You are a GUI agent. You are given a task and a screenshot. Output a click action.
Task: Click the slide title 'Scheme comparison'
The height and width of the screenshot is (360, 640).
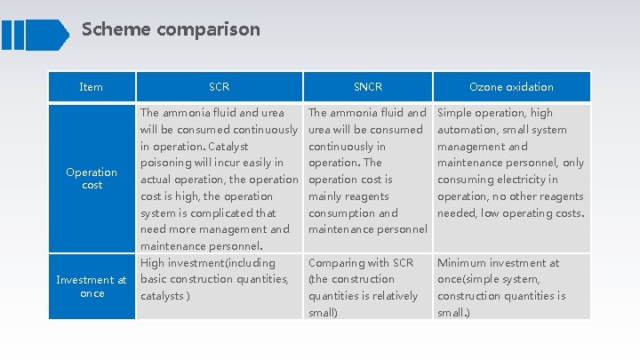171,29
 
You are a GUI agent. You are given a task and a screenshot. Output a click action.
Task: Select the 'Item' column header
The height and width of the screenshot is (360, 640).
91,87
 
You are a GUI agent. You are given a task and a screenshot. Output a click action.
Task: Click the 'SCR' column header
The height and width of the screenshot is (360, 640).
219,87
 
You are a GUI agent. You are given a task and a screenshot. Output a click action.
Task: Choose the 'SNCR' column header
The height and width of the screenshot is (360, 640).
368,87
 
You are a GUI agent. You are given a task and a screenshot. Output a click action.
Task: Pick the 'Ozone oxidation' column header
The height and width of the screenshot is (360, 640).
511,87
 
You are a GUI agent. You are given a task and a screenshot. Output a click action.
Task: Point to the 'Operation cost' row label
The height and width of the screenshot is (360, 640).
92,179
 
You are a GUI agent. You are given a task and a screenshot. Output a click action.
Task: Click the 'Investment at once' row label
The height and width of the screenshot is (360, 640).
92,286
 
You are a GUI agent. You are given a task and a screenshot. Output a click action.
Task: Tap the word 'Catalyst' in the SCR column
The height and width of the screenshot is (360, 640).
227,146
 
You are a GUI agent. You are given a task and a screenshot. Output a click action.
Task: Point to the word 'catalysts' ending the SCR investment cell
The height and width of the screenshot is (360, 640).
162,295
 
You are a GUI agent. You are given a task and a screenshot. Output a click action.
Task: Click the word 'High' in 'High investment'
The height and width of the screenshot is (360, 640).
153,262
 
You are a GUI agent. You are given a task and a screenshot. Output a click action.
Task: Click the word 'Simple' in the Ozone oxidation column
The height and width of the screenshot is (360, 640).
456,113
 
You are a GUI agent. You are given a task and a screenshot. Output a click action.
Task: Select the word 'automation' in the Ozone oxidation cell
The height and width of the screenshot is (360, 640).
469,130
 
